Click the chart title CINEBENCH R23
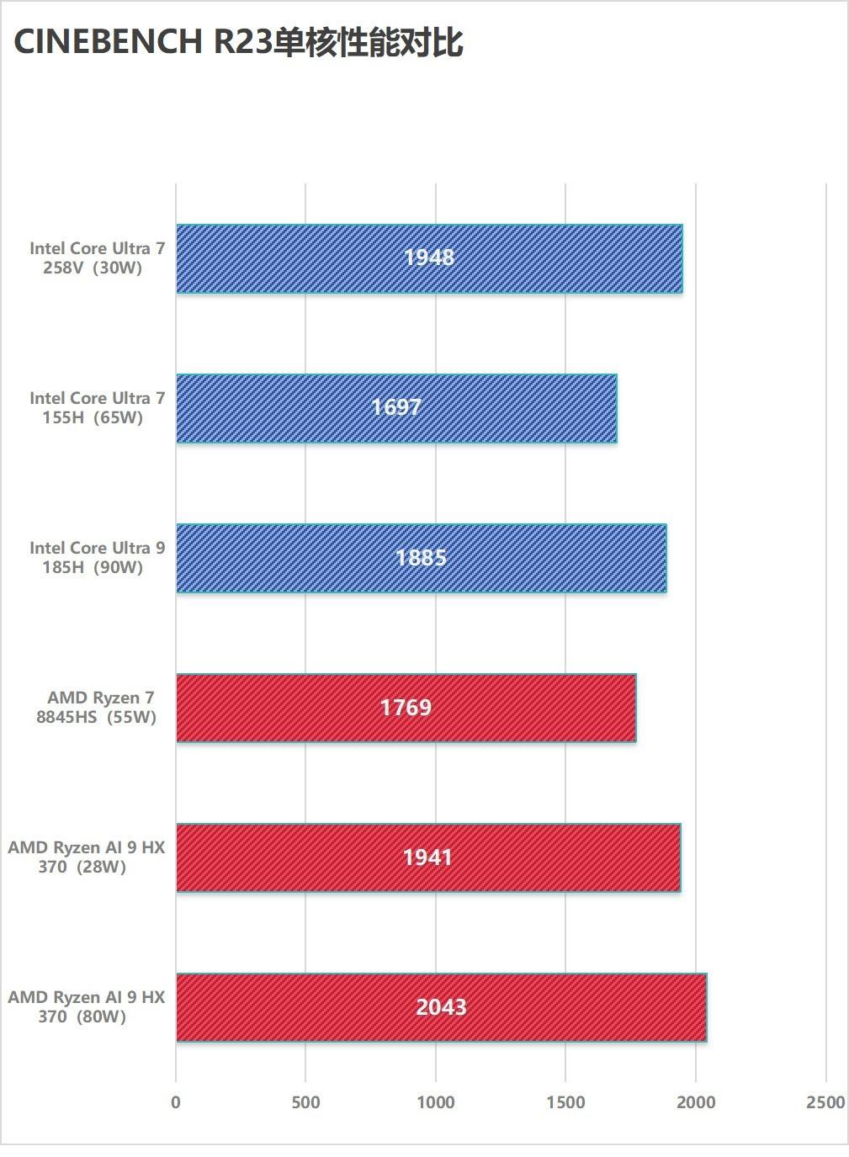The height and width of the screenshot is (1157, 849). [x=238, y=42]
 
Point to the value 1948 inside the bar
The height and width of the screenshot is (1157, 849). [x=429, y=257]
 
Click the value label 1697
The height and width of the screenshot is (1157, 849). [x=396, y=407]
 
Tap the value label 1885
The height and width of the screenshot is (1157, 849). [x=421, y=557]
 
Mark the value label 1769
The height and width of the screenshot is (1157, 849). [x=406, y=707]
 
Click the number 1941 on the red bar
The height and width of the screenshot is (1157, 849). [x=427, y=857]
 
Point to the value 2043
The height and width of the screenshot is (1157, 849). [x=441, y=1006]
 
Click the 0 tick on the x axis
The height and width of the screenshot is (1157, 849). [x=176, y=1102]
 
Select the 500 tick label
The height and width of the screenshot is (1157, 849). [x=305, y=1102]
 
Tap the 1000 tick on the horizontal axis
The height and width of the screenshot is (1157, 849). [x=436, y=1102]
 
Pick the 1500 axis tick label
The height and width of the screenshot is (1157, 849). [x=565, y=1102]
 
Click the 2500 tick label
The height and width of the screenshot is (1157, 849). [x=825, y=1102]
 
